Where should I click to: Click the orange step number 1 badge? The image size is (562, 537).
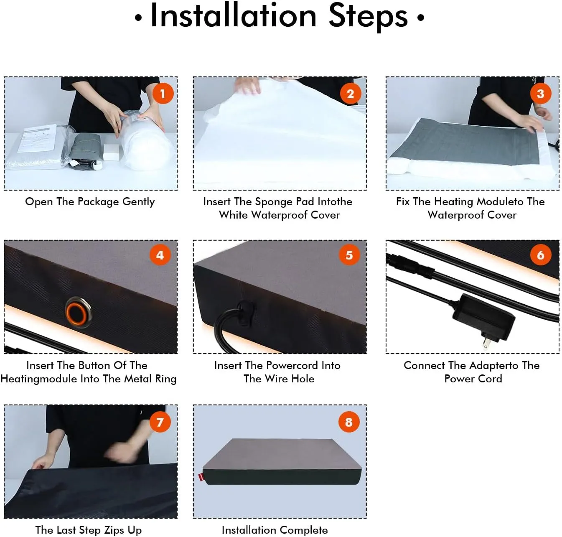(163, 94)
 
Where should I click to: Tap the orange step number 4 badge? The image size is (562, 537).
(160, 255)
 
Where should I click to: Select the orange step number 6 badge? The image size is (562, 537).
(540, 255)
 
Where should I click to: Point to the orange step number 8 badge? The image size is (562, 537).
(349, 422)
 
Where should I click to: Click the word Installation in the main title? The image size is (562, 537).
(233, 16)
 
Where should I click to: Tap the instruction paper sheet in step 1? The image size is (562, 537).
(37, 138)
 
